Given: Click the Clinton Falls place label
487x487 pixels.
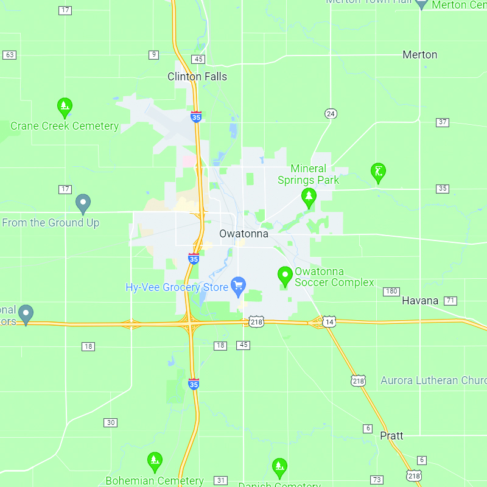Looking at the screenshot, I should [197, 77].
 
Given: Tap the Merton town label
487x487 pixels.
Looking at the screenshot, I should [419, 55].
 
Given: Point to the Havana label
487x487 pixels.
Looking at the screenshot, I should [420, 301].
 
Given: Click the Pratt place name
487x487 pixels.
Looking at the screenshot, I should [391, 436].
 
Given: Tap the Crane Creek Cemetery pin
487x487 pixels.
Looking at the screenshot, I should [65, 108].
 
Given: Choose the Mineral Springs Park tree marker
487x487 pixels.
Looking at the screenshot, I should [309, 197].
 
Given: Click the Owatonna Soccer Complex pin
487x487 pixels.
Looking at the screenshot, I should [285, 276].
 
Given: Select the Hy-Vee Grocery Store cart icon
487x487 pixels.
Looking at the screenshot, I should [238, 285].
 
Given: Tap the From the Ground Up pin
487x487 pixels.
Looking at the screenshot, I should [83, 204].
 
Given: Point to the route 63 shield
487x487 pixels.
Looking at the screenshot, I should [9, 55].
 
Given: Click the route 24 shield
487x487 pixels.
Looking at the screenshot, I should [331, 114].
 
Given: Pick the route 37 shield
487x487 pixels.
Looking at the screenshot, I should [443, 122].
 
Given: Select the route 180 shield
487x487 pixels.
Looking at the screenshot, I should [391, 292].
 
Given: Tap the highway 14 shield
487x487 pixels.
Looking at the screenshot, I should [329, 321].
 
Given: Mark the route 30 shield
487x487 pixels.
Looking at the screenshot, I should [110, 422].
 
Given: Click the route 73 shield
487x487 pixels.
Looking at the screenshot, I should [377, 480].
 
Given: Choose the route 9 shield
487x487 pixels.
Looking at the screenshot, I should [153, 55].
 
